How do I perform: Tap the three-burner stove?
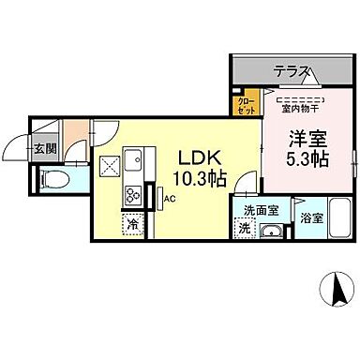pos(131,196)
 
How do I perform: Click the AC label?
pos(170,199)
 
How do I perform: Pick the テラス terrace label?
pos(292,70)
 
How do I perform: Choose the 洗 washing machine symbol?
pos(245,229)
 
